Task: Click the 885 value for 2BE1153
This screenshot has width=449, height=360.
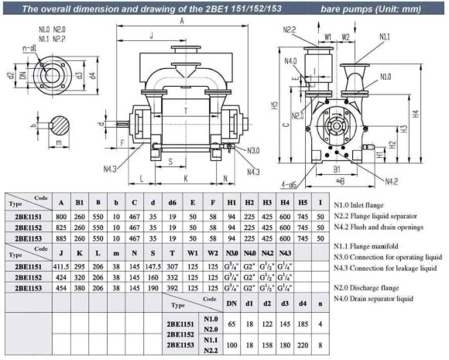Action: pos(60,241)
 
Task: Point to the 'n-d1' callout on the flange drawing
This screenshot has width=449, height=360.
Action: pos(29,49)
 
